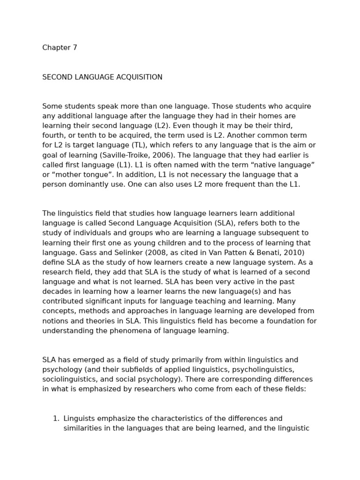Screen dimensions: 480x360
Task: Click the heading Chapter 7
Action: (60, 48)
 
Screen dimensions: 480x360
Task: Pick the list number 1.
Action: (56, 419)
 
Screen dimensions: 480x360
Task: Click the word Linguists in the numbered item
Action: (80, 419)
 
